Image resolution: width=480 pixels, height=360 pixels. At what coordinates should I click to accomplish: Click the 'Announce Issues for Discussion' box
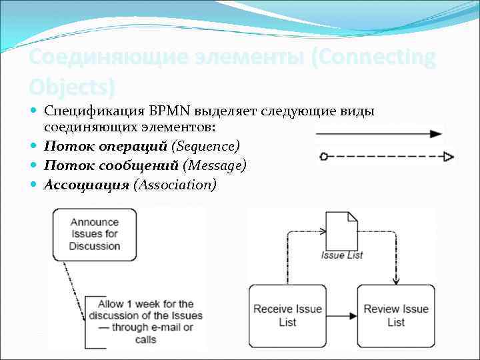[95, 234]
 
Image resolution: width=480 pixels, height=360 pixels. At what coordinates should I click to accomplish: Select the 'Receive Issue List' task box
[287, 315]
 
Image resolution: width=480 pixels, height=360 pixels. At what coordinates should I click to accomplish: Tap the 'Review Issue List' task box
[396, 315]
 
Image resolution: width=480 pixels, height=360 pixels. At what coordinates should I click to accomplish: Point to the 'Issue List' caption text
[341, 255]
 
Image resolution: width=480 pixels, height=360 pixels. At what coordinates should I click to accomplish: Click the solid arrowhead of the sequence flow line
[437, 134]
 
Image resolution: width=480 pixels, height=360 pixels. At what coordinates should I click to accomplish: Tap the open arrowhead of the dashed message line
[449, 157]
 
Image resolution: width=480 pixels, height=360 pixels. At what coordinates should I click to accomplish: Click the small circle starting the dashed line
[323, 157]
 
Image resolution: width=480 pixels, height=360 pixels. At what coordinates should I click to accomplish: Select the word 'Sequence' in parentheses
[205, 145]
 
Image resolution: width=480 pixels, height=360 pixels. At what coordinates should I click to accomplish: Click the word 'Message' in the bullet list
[215, 165]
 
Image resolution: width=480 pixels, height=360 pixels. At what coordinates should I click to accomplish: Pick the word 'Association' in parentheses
[175, 185]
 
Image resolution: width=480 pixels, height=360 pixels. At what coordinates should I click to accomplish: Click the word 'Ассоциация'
[86, 185]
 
